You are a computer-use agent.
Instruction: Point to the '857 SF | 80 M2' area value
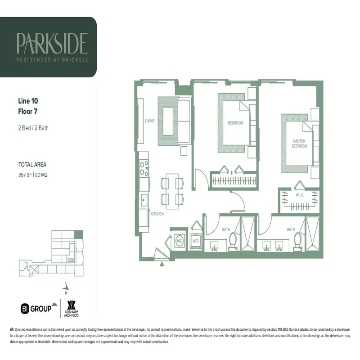pyautogui.click(x=33, y=174)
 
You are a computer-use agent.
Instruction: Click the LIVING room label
pyautogui.click(x=150, y=121)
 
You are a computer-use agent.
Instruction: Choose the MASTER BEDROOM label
pyautogui.click(x=299, y=144)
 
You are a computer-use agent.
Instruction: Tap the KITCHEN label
pyautogui.click(x=157, y=214)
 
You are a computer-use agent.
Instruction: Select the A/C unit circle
pyautogui.click(x=180, y=241)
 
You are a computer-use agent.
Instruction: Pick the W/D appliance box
pyautogui.click(x=196, y=240)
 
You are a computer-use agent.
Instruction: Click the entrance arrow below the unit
pyautogui.click(x=162, y=265)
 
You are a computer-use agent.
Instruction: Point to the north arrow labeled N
pyautogui.click(x=66, y=287)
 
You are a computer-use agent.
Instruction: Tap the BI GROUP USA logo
pyautogui.click(x=38, y=308)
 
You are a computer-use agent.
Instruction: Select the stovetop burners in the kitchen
pyautogui.click(x=144, y=167)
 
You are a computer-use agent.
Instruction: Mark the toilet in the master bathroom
pyautogui.click(x=297, y=240)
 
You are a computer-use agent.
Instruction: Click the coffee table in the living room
pyautogui.click(x=168, y=122)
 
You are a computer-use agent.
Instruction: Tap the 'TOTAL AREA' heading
pyautogui.click(x=32, y=165)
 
